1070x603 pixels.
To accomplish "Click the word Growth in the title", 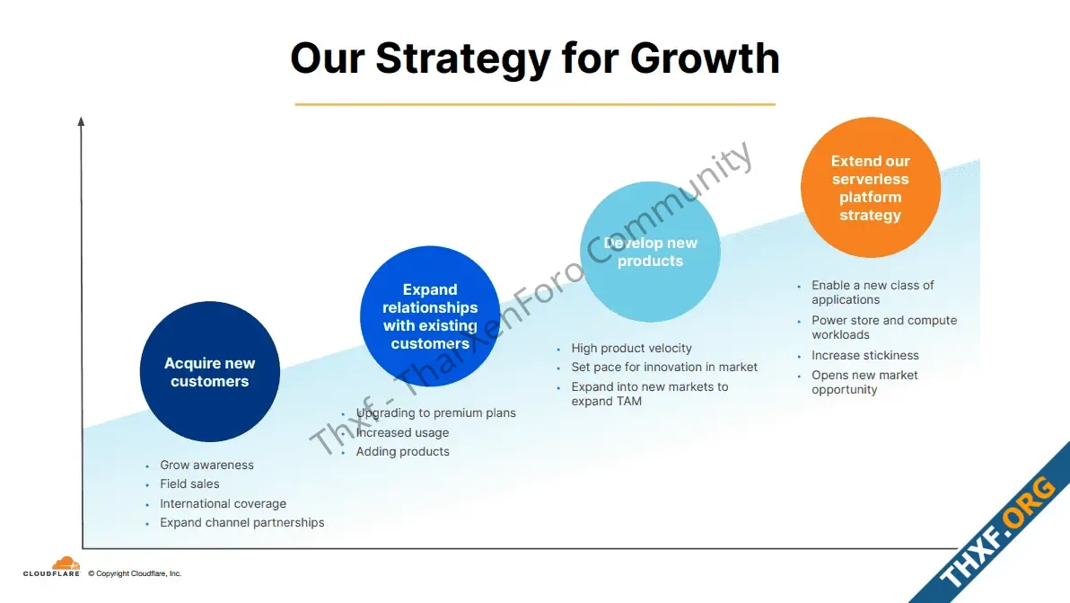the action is pyautogui.click(x=705, y=59).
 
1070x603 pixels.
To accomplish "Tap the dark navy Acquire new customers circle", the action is pyautogui.click(x=209, y=371).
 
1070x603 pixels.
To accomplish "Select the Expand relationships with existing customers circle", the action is pyautogui.click(x=430, y=316).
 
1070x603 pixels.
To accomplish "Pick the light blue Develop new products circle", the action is pyautogui.click(x=650, y=252).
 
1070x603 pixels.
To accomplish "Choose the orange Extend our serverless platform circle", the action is pyautogui.click(x=871, y=187).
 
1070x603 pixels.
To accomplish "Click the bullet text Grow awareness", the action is pyautogui.click(x=206, y=465).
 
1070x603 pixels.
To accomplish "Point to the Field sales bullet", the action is pyautogui.click(x=189, y=484).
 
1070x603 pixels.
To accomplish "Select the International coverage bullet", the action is pyautogui.click(x=224, y=503).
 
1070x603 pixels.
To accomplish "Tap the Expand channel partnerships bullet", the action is pyautogui.click(x=242, y=522).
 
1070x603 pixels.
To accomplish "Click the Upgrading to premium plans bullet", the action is pyautogui.click(x=436, y=413).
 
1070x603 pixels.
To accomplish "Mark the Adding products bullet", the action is pyautogui.click(x=403, y=451).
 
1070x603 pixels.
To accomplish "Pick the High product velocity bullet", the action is pyautogui.click(x=631, y=349).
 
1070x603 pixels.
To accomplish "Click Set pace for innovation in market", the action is pyautogui.click(x=664, y=368).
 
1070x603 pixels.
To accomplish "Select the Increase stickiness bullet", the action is pyautogui.click(x=864, y=355).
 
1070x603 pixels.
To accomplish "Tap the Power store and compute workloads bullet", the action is pyautogui.click(x=883, y=327).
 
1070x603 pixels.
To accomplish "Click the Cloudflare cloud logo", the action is pyautogui.click(x=66, y=563).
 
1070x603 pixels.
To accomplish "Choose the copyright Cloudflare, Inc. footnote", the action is pyautogui.click(x=135, y=573).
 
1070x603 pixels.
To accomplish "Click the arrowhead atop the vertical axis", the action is pyautogui.click(x=81, y=121).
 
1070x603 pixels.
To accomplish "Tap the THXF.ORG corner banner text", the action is pyautogui.click(x=996, y=531).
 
